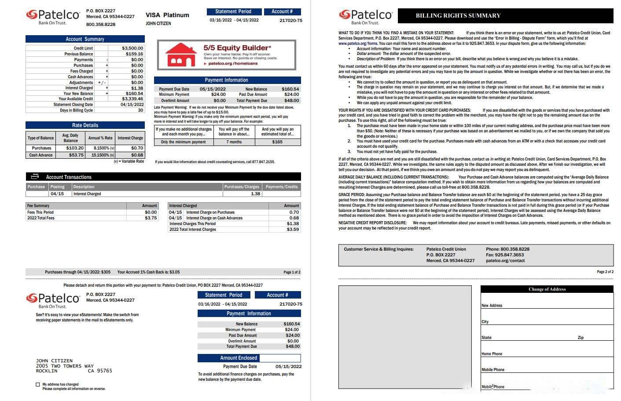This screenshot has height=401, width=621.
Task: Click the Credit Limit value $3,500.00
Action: click(132, 48)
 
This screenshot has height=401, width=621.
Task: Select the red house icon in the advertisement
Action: click(180, 55)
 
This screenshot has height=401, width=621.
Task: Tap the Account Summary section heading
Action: click(85, 39)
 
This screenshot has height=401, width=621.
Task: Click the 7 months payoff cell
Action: click(234, 142)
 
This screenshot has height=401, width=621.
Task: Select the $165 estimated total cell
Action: click(277, 142)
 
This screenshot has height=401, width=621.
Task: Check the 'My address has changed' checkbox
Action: click(38, 384)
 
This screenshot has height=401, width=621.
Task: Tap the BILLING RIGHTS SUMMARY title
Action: click(458, 15)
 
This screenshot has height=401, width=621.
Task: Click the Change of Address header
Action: click(547, 289)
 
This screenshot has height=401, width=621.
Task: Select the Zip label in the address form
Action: click(581, 338)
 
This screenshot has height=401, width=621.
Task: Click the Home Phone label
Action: click(492, 354)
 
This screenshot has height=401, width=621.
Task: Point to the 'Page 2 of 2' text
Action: click(605, 272)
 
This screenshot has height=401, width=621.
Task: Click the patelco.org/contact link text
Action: click(505, 261)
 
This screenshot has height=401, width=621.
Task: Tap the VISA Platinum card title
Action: click(167, 15)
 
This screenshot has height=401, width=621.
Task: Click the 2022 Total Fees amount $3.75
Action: click(151, 218)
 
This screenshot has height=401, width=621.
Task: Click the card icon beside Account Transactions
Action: click(35, 177)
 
